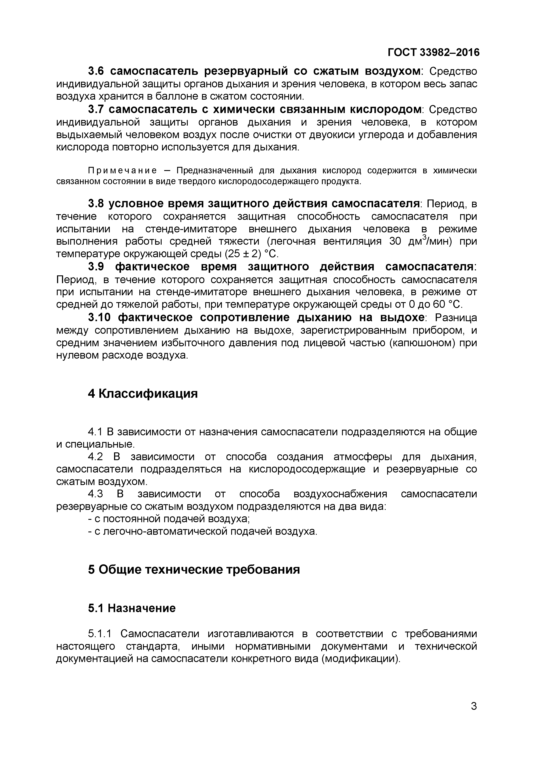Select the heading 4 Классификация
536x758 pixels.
point(143,394)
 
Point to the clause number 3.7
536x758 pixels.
point(96,109)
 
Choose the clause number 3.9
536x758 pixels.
point(96,267)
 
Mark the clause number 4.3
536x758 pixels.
point(95,494)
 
